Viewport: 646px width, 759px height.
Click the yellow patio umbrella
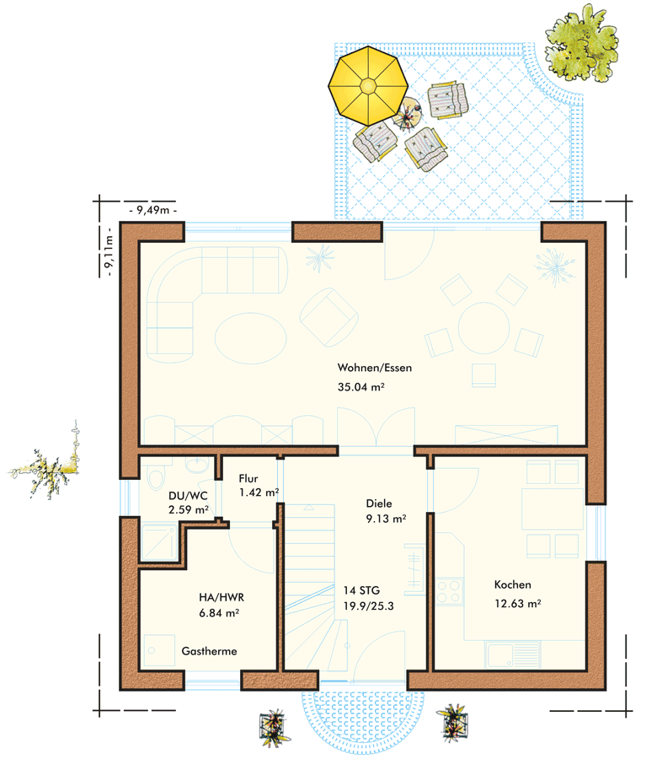368,86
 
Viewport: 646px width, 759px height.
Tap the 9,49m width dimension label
152,210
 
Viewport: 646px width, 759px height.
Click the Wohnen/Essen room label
375,368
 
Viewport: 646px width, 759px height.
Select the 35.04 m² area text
360,387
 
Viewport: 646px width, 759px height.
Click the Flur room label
248,478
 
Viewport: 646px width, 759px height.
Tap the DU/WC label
188,496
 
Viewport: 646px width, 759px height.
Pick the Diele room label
379,503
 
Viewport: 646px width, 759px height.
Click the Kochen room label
513,584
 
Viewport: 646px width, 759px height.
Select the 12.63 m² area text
517,604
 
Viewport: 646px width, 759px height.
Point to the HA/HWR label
222,597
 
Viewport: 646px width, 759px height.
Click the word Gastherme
210,651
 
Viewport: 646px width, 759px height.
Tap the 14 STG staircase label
361,590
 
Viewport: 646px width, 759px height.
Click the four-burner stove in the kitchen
449,591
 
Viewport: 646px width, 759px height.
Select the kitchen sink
514,655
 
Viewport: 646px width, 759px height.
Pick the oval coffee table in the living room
250,338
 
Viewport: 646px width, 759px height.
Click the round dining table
483,328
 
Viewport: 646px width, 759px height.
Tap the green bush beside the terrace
582,43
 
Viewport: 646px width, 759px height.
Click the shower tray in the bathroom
158,543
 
